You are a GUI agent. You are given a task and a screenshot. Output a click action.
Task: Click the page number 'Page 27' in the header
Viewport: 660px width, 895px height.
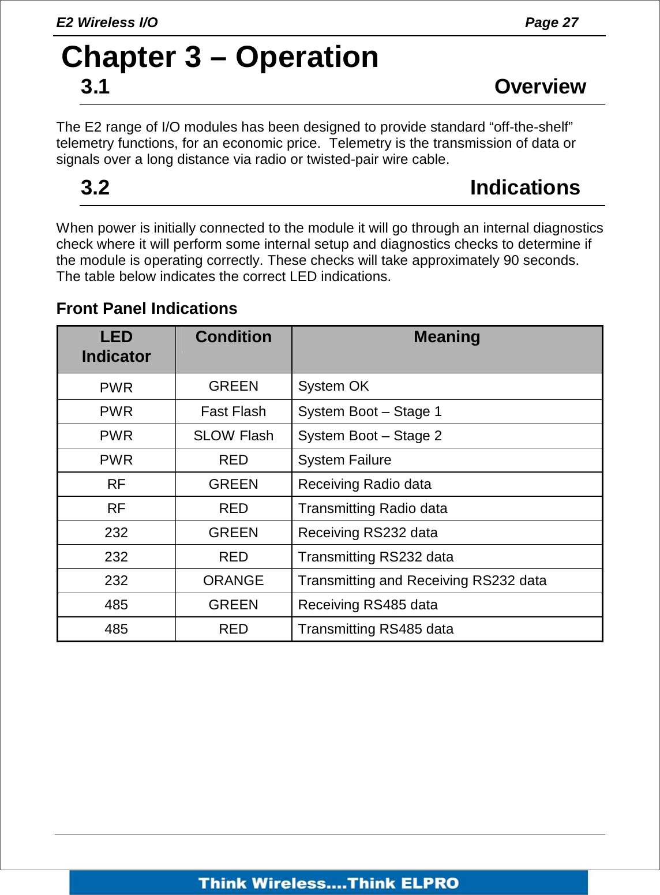click(x=551, y=23)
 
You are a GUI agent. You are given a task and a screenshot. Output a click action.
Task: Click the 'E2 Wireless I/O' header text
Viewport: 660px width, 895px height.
click(x=107, y=23)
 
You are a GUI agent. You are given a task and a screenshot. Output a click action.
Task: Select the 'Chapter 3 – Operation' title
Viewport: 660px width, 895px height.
click(x=220, y=57)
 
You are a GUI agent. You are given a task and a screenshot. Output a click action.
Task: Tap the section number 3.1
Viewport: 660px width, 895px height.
click(x=95, y=87)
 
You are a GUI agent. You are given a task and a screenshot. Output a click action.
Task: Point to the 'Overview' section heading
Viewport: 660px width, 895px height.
click(x=539, y=87)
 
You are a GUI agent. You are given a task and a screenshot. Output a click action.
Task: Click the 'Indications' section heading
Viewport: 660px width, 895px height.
click(x=524, y=188)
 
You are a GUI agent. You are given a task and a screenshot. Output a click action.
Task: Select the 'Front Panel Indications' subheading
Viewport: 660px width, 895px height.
click(x=147, y=309)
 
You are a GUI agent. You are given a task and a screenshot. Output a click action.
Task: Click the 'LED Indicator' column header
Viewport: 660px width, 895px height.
click(x=116, y=347)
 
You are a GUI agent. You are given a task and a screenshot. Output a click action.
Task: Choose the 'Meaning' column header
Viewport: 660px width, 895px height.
click(x=447, y=337)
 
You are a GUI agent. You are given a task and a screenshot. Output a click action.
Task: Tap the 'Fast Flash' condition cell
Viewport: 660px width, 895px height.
click(x=233, y=411)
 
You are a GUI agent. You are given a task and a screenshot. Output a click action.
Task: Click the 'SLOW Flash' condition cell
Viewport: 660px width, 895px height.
click(x=233, y=436)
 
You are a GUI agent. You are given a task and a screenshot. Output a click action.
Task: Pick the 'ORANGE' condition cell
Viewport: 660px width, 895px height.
click(x=233, y=581)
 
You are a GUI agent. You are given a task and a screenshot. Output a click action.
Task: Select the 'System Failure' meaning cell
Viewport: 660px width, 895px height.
click(x=344, y=460)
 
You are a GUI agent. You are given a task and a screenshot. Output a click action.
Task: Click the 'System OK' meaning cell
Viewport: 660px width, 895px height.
click(x=333, y=386)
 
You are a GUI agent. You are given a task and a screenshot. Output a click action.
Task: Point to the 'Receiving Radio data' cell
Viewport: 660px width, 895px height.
click(x=365, y=484)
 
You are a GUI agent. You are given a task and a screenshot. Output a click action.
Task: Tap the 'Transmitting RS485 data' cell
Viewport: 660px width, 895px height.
click(x=376, y=629)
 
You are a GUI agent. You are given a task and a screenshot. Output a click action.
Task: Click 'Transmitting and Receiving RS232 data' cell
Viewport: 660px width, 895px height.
click(x=422, y=581)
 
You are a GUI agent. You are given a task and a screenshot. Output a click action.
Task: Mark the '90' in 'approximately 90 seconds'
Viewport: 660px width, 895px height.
click(x=511, y=260)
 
